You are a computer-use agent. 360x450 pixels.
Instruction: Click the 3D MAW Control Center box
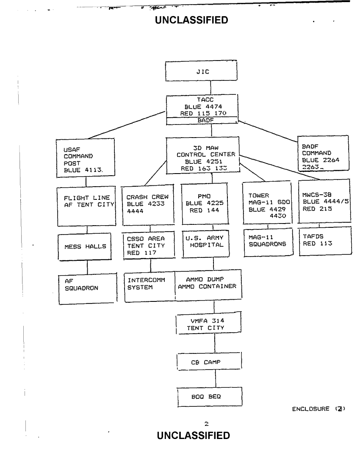[202, 155]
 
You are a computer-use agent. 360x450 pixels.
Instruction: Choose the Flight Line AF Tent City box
[87, 203]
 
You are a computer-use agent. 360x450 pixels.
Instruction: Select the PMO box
[204, 203]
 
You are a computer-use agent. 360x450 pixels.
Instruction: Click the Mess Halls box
[86, 246]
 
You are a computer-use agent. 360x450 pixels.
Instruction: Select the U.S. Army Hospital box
[204, 243]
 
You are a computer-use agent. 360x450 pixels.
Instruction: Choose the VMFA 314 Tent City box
[208, 324]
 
